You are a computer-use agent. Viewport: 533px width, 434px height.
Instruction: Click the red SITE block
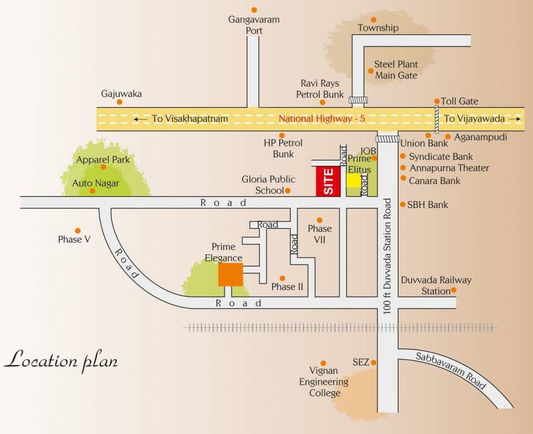tap(328, 182)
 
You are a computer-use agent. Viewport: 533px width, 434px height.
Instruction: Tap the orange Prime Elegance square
tap(231, 275)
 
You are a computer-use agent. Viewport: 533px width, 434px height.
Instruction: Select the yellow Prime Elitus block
tap(353, 180)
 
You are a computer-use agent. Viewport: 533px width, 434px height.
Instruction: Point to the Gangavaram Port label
tap(254, 25)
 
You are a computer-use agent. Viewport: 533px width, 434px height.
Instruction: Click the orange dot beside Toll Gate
tap(437, 101)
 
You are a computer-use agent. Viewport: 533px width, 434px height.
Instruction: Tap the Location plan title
tap(61, 360)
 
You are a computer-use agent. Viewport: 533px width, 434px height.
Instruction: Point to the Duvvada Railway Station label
tap(436, 285)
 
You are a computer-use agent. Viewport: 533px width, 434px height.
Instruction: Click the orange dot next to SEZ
tap(373, 362)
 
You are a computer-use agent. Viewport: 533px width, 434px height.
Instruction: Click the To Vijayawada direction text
tap(474, 119)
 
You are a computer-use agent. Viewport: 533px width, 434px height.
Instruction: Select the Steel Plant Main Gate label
tap(396, 70)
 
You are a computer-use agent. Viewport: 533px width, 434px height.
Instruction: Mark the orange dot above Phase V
tap(78, 231)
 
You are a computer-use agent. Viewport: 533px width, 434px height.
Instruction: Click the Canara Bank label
tap(434, 181)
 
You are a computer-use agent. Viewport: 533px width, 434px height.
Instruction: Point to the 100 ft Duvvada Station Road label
tap(388, 254)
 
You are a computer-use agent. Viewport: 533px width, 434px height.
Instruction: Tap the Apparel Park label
tap(103, 160)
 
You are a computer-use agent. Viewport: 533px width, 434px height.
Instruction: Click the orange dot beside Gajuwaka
tap(120, 102)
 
